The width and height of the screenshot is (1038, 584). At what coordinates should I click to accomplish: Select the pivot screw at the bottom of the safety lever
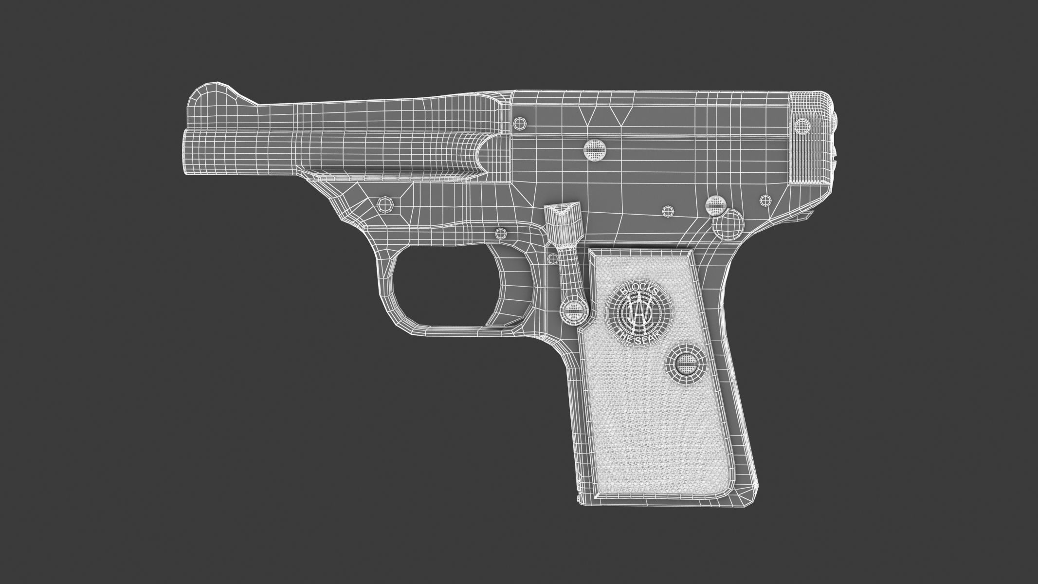pyautogui.click(x=574, y=309)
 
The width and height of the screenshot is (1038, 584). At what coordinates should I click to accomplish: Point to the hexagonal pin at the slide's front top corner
pyautogui.click(x=520, y=123)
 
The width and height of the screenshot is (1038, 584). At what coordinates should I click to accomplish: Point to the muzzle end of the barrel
pyautogui.click(x=187, y=146)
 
